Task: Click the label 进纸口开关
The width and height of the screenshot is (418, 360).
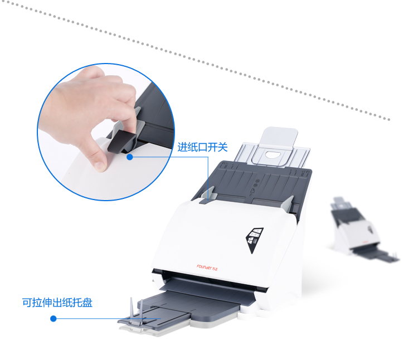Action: click(x=203, y=147)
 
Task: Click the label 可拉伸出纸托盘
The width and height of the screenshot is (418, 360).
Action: click(x=57, y=303)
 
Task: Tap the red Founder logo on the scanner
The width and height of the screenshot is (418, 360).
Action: click(x=207, y=267)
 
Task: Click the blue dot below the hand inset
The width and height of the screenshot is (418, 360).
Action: click(x=130, y=157)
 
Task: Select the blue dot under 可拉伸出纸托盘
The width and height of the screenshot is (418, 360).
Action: click(x=54, y=318)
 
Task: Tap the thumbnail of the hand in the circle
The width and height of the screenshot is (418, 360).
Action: click(x=88, y=115)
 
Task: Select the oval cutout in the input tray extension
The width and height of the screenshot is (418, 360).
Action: click(x=271, y=154)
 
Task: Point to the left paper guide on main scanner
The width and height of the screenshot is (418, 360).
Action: click(x=207, y=196)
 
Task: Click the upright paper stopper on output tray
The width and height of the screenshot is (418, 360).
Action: click(x=136, y=312)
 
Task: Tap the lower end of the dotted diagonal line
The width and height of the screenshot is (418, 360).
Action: click(x=389, y=119)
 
